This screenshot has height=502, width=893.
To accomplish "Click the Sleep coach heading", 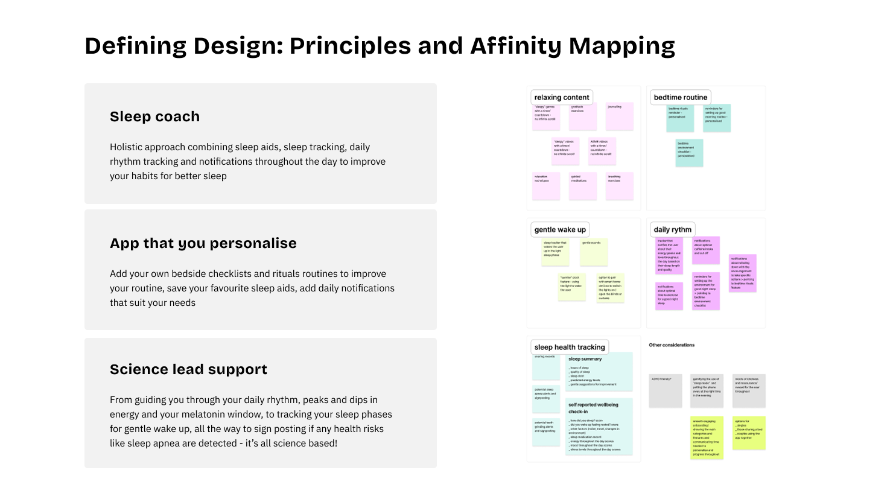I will (x=154, y=116).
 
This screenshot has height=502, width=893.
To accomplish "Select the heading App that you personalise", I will (x=203, y=243).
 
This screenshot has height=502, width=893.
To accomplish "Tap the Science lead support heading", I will (x=188, y=369).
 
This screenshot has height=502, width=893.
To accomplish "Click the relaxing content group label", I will (x=562, y=97).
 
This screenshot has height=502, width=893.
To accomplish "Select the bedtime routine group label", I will (x=680, y=97).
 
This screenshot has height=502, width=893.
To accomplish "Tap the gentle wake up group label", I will (x=560, y=229).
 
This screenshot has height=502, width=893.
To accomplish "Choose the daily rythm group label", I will (x=672, y=229).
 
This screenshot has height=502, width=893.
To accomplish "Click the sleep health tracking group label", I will (x=570, y=347).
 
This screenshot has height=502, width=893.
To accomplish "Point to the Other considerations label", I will (x=672, y=345).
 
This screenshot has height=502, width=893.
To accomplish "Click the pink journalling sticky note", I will (x=620, y=116).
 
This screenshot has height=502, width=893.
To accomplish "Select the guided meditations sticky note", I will (x=583, y=186).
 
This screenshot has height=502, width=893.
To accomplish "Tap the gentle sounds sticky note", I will (x=594, y=252).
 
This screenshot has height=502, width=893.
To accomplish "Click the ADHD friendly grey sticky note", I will (x=665, y=390).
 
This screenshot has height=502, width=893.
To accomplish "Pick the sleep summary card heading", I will (x=585, y=359).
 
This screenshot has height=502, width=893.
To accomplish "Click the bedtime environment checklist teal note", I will (x=689, y=153).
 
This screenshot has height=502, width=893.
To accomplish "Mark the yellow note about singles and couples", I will (x=749, y=433).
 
